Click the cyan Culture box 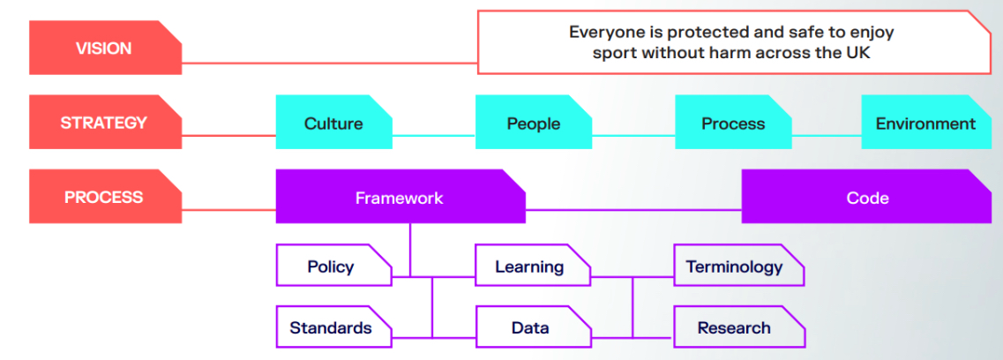coord(334,122)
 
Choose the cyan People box coord(534,122)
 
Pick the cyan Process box coord(733,122)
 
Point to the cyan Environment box coord(926,122)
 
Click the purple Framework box coord(400,196)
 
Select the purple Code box coord(867,196)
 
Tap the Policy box coord(333,265)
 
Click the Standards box coord(333,326)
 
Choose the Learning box coord(533,265)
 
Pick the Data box coord(533,326)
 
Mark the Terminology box coord(739,265)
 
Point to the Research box coord(739,326)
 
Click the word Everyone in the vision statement coord(605,32)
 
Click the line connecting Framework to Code coord(634,210)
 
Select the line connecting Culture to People coord(434,136)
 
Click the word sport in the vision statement coord(615,53)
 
